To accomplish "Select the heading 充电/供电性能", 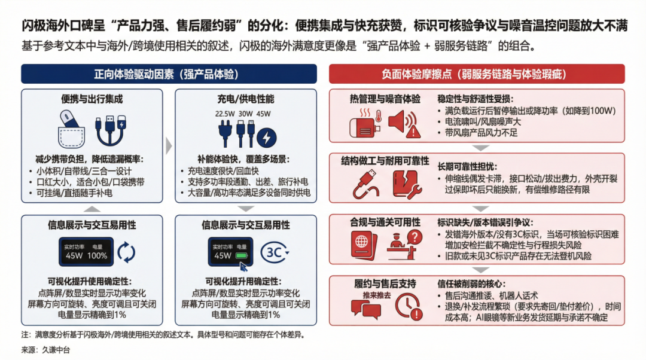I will pyautogui.click(x=245, y=99).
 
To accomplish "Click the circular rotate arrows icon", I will pyautogui.click(x=126, y=252).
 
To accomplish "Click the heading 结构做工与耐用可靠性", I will pyautogui.click(x=385, y=161).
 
